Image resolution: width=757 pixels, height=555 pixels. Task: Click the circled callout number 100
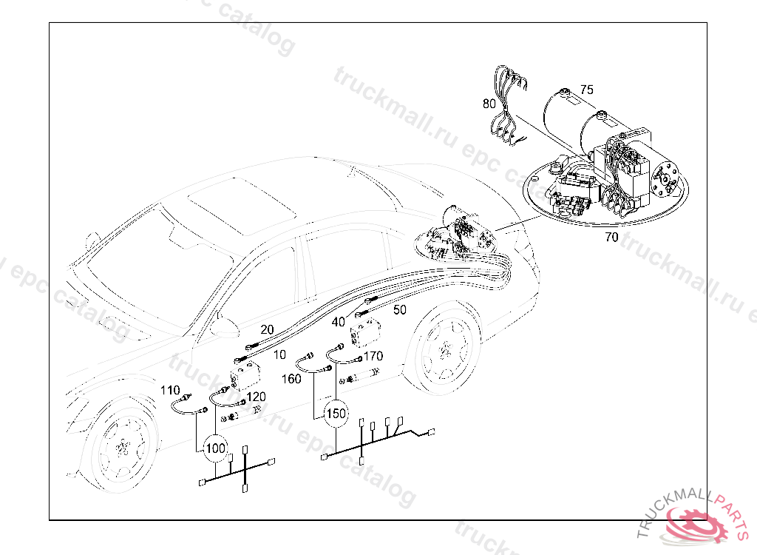click(215, 448)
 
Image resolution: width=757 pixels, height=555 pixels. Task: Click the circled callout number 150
click(336, 414)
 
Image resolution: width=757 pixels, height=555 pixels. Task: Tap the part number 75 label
click(586, 90)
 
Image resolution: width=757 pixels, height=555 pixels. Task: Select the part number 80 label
click(489, 104)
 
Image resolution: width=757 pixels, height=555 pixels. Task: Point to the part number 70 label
click(611, 238)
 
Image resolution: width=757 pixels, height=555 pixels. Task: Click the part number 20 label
click(267, 329)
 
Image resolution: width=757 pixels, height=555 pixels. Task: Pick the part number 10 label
click(280, 355)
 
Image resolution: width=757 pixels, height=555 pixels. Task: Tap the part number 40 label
click(339, 322)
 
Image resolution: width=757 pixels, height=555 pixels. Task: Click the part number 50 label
click(400, 310)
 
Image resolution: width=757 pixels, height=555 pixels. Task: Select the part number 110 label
click(170, 390)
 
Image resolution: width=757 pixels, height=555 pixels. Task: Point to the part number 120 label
click(256, 397)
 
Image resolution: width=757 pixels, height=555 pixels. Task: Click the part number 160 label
click(291, 379)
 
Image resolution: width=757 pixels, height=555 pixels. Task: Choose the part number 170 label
click(373, 356)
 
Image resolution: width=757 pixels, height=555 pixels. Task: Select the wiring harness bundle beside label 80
click(507, 104)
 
